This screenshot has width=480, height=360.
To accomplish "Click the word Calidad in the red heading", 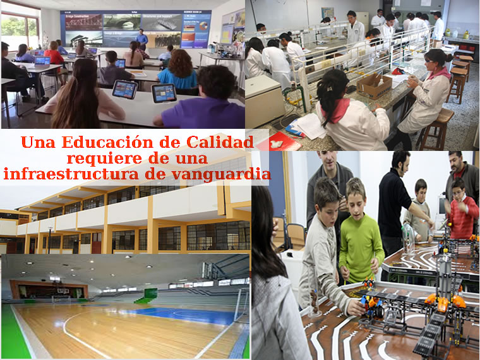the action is [220, 142].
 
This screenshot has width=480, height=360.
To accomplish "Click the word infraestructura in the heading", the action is [71, 174].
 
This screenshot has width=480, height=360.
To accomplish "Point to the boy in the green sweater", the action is [361, 232].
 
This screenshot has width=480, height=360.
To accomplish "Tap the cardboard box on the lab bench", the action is [373, 86].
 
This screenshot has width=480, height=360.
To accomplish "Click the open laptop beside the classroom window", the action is [42, 62].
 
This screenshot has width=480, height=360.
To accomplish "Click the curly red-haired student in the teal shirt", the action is [179, 70].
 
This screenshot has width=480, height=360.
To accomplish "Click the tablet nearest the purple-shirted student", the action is [164, 93].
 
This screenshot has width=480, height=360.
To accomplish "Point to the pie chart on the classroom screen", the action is [203, 26].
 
